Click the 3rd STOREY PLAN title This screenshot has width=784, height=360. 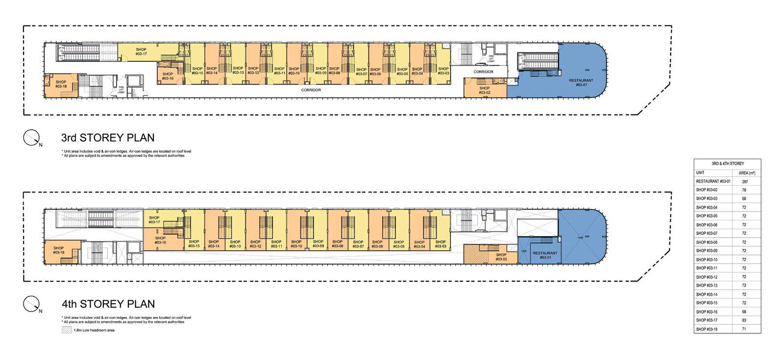(108, 138)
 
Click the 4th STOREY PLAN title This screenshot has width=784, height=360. (108, 304)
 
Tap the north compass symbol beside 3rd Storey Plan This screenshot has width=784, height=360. (31, 138)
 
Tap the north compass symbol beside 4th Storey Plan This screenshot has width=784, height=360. (31, 304)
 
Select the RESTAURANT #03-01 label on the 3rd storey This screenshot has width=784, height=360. (581, 83)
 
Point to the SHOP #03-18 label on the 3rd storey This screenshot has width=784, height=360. (61, 84)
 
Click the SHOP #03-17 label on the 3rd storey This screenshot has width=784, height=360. (141, 51)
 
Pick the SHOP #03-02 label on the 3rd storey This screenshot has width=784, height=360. (484, 90)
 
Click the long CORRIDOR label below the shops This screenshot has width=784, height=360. (311, 90)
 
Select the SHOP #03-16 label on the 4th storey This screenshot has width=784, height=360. (160, 240)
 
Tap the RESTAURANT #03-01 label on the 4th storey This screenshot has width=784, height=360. (545, 255)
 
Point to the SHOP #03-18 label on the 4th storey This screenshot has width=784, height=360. (58, 250)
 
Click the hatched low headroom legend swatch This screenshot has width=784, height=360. (67, 330)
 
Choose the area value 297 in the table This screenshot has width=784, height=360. (745, 181)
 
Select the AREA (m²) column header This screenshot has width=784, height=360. (747, 173)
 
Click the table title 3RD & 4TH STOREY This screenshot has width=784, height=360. (728, 164)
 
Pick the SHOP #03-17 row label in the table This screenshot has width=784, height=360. (707, 320)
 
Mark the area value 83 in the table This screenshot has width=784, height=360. (744, 320)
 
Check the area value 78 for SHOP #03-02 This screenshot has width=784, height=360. (744, 190)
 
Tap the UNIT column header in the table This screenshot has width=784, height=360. (700, 173)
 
